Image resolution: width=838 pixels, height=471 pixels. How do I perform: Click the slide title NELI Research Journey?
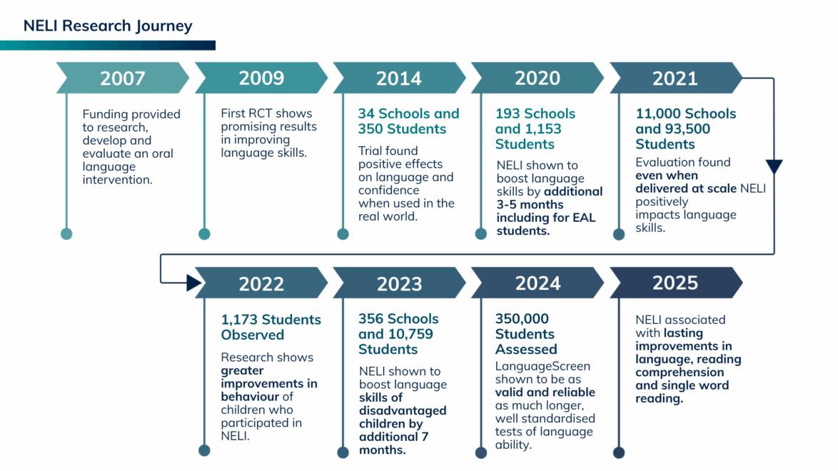108,26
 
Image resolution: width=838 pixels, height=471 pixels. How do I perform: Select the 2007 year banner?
122,78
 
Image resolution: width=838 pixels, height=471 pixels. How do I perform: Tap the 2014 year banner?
399,78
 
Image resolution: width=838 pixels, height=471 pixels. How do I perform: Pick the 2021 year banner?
675,78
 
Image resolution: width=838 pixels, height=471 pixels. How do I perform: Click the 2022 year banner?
261,283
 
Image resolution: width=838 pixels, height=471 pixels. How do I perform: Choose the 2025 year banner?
675,283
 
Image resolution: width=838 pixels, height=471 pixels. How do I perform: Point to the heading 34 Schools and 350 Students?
408,121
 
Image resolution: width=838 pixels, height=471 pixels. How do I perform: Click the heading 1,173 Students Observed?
271,327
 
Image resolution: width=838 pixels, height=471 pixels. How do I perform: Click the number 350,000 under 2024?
522,319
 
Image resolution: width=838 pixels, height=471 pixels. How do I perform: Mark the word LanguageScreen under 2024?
542,366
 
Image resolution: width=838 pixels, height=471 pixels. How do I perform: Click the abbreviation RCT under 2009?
263,113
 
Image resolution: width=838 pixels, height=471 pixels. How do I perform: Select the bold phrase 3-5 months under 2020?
528,204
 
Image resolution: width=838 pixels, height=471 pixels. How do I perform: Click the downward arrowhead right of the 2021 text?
774,167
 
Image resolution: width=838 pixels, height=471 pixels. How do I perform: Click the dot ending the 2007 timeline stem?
66,233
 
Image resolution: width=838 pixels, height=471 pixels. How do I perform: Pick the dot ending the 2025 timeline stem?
619,452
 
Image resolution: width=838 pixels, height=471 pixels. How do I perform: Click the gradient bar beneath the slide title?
107,45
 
